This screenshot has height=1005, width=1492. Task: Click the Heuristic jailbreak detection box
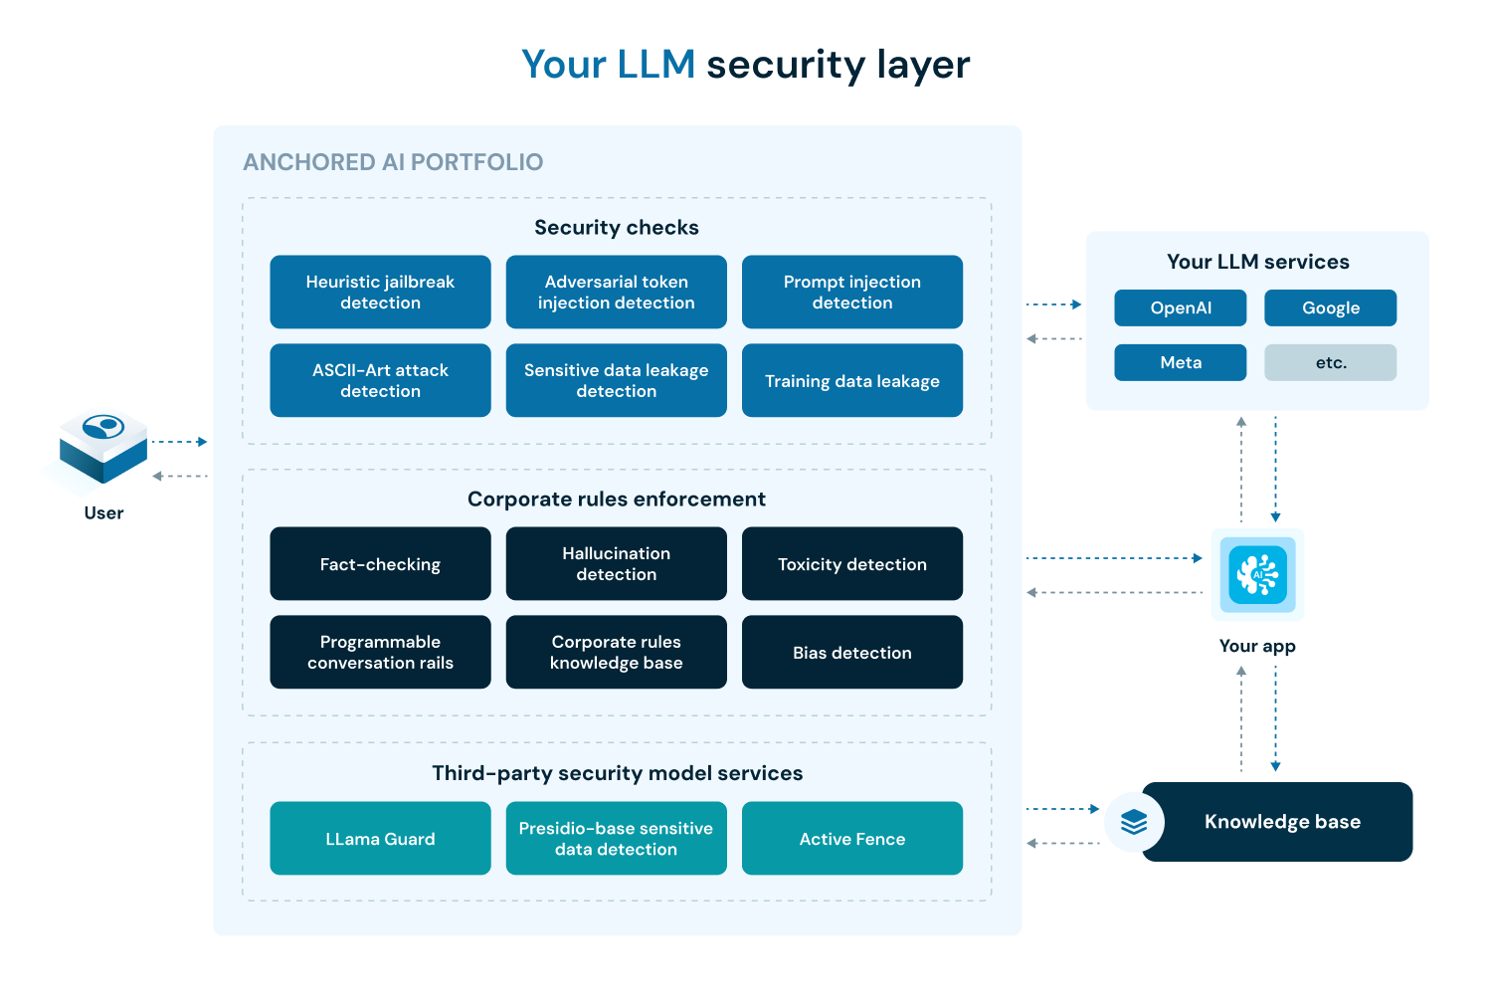(380, 293)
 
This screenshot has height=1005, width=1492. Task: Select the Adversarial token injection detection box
(616, 293)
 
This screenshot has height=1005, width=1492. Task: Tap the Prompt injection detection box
(851, 293)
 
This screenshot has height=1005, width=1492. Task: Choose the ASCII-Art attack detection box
(380, 380)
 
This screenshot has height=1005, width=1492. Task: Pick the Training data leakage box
(851, 380)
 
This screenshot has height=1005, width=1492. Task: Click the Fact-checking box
(380, 564)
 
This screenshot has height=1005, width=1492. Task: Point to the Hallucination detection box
(616, 564)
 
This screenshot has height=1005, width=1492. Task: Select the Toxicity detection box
(851, 564)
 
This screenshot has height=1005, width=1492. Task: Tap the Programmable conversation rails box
(380, 652)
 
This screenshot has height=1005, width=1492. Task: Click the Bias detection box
(851, 652)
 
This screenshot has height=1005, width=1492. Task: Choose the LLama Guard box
(380, 839)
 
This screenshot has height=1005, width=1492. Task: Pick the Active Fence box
(851, 839)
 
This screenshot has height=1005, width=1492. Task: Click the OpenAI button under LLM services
(1180, 308)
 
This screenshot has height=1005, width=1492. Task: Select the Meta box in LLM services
(1180, 363)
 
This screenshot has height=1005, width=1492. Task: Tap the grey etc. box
(1330, 363)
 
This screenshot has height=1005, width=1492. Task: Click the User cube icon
(102, 448)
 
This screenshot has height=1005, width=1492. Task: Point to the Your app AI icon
(1257, 574)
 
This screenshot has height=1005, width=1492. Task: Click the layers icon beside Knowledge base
(1134, 822)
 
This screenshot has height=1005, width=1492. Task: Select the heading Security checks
(616, 228)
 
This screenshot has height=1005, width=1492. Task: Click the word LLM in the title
(655, 65)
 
